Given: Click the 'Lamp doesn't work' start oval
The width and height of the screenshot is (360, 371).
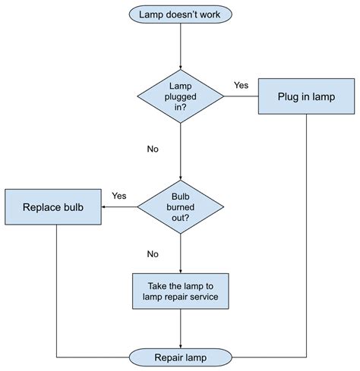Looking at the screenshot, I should [180, 14].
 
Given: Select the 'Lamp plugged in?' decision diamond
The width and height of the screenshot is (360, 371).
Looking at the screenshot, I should [180, 96].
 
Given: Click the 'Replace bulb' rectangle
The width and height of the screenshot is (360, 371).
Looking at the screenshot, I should [53, 206].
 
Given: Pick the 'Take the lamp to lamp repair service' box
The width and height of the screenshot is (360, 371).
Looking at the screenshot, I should [180, 291].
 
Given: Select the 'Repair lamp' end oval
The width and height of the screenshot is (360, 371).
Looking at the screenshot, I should [180, 357].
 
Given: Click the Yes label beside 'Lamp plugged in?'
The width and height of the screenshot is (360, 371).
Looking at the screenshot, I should [242, 85].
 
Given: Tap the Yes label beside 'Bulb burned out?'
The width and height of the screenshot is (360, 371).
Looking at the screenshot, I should [119, 196].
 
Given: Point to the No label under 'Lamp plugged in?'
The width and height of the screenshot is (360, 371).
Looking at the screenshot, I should [153, 149].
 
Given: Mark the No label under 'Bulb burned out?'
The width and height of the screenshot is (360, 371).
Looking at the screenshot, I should [153, 254].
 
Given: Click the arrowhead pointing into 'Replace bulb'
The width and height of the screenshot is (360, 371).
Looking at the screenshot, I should [106, 206].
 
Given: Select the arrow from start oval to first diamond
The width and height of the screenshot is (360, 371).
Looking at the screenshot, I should [180, 46].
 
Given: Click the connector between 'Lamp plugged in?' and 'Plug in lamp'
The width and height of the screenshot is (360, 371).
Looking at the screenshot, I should [241, 96].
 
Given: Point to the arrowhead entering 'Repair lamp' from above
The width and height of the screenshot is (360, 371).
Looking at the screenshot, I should [180, 344].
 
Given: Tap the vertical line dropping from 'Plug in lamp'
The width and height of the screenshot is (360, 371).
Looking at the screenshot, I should [306, 228].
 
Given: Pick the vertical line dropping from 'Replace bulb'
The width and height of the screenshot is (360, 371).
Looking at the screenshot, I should [57, 288].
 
